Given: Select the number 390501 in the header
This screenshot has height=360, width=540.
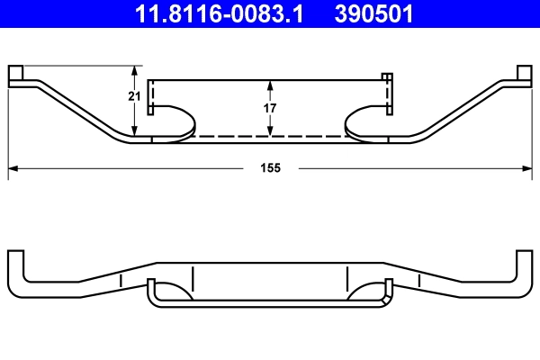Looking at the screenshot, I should [374, 14].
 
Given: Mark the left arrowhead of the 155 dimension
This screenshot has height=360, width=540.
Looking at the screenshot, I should [13, 168].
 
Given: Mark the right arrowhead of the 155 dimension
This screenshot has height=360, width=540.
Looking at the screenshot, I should [527, 168].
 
